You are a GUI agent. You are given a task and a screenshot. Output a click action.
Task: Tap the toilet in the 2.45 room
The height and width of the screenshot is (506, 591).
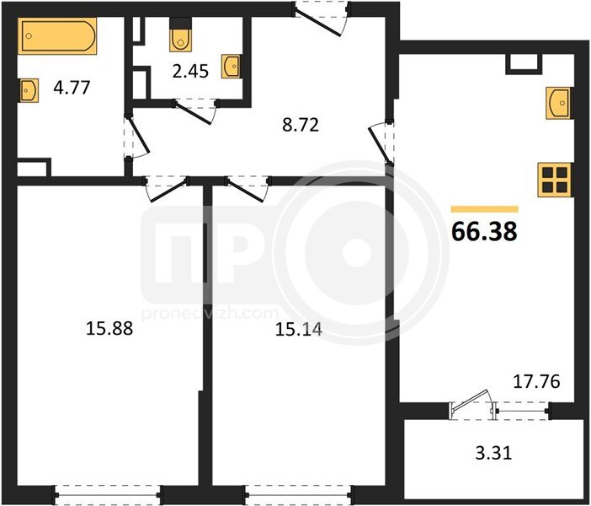pyautogui.click(x=180, y=35)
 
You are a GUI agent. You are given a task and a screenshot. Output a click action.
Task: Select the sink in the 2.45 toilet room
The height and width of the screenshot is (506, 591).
pyautogui.click(x=232, y=67)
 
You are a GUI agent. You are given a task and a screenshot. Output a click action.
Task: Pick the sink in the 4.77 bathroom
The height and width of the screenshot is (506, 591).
pyautogui.click(x=29, y=90)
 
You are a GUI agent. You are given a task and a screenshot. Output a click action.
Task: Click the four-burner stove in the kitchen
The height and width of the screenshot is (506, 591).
pyautogui.click(x=556, y=180)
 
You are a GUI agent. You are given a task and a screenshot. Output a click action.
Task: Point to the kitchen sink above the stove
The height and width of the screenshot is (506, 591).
pyautogui.click(x=560, y=103)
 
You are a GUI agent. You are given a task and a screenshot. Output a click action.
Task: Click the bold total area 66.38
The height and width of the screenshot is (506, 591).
pyautogui.click(x=484, y=231)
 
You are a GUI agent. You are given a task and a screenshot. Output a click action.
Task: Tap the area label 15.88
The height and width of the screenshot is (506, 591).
pyautogui.click(x=109, y=328)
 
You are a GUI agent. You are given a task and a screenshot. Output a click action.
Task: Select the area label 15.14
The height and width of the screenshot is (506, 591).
pyautogui.click(x=299, y=330)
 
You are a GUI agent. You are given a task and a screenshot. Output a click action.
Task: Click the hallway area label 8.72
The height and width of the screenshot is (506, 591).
pyautogui.click(x=301, y=125)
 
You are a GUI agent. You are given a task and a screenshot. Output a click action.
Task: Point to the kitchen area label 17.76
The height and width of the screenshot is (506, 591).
pyautogui.click(x=537, y=381)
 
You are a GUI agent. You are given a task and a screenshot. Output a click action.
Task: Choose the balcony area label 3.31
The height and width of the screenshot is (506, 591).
pyautogui.click(x=493, y=453)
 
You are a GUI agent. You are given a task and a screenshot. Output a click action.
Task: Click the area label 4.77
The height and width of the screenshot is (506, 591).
pyautogui.click(x=72, y=88)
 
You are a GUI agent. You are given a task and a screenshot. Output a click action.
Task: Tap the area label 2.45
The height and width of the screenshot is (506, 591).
pyautogui.click(x=190, y=71)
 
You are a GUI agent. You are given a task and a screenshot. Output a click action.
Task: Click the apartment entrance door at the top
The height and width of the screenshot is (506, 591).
pyautogui.click(x=322, y=19)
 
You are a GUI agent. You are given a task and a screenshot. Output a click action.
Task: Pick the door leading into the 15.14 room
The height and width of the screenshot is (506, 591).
pyautogui.click(x=248, y=188)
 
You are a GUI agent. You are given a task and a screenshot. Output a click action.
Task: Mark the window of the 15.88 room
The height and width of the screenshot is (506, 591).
pyautogui.click(x=108, y=495)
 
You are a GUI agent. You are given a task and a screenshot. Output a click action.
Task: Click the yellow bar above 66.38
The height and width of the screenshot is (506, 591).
pyautogui.click(x=485, y=209)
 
